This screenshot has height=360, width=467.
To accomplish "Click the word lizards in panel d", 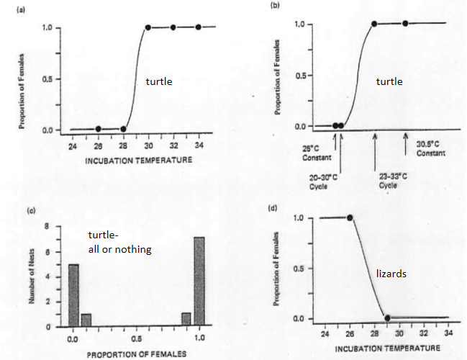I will coord(393,274).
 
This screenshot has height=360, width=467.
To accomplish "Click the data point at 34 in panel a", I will coord(199,27).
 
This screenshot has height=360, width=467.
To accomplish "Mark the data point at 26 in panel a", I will coord(99,129).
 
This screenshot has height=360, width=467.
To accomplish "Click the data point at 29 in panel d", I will coord(386,318).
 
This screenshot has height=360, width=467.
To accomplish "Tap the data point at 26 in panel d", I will coord(350,217).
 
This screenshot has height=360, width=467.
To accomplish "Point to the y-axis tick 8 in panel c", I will coord(47,226).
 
